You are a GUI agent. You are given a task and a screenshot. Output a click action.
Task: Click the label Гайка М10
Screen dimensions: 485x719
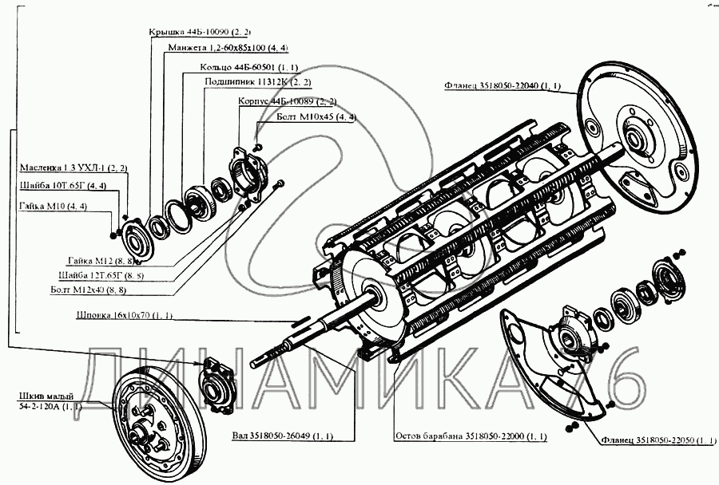coord(50,207)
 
